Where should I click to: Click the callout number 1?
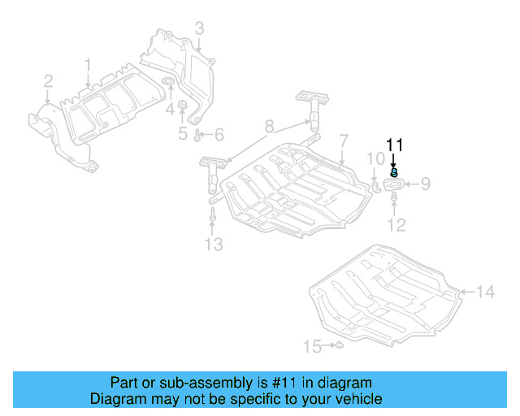[x=88, y=63]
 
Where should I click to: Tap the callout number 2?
[x=48, y=80]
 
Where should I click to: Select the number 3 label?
[x=199, y=30]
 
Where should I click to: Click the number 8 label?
[x=269, y=126]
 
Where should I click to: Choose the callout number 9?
[x=424, y=185]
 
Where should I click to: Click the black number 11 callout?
[x=394, y=145]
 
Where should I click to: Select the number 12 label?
[x=396, y=225]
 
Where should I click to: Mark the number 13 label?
[x=212, y=245]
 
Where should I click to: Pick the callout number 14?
[x=484, y=292]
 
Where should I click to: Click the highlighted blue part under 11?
[x=394, y=172]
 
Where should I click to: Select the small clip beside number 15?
[x=340, y=347]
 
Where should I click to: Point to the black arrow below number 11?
[x=394, y=162]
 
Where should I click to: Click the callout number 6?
[x=219, y=134]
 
